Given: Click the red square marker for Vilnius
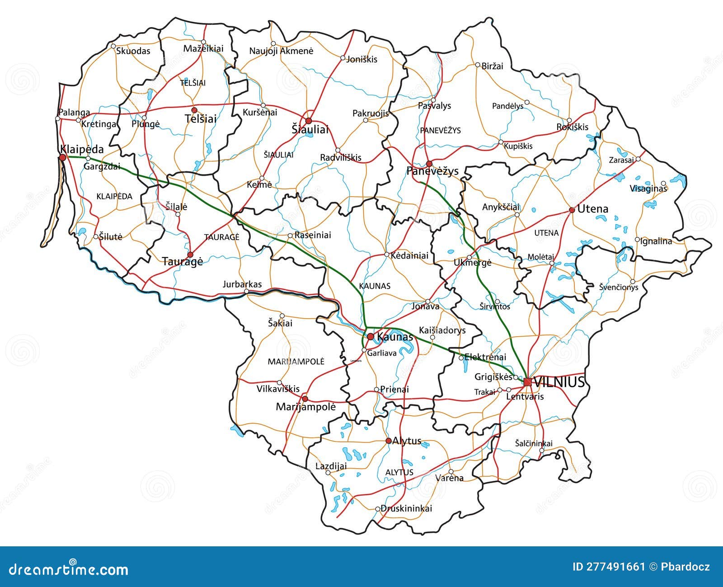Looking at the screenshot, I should pyautogui.click(x=527, y=382).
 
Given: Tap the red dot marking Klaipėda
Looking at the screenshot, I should pyautogui.click(x=63, y=157).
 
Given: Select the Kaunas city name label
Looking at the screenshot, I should pyautogui.click(x=394, y=337).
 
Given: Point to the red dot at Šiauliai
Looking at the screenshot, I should pyautogui.click(x=309, y=121).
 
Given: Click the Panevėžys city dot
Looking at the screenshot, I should pyautogui.click(x=429, y=164).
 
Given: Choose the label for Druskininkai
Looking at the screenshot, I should pyautogui.click(x=406, y=508).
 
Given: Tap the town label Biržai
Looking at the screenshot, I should pyautogui.click(x=492, y=66).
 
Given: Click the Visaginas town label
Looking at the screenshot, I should pyautogui.click(x=648, y=188).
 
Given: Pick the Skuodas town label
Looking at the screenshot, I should pyautogui.click(x=133, y=51).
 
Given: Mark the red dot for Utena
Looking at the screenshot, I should pyautogui.click(x=572, y=210).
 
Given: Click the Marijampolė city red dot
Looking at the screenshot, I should pyautogui.click(x=305, y=399).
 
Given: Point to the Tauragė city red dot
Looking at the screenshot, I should pyautogui.click(x=190, y=254).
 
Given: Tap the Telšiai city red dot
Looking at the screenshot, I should pyautogui.click(x=194, y=110).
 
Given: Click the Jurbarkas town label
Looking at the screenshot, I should pyautogui.click(x=242, y=284).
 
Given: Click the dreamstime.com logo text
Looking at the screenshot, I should pyautogui.click(x=66, y=569).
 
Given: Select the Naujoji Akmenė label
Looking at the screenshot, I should pyautogui.click(x=281, y=51).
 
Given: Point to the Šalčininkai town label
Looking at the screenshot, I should pyautogui.click(x=533, y=443).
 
